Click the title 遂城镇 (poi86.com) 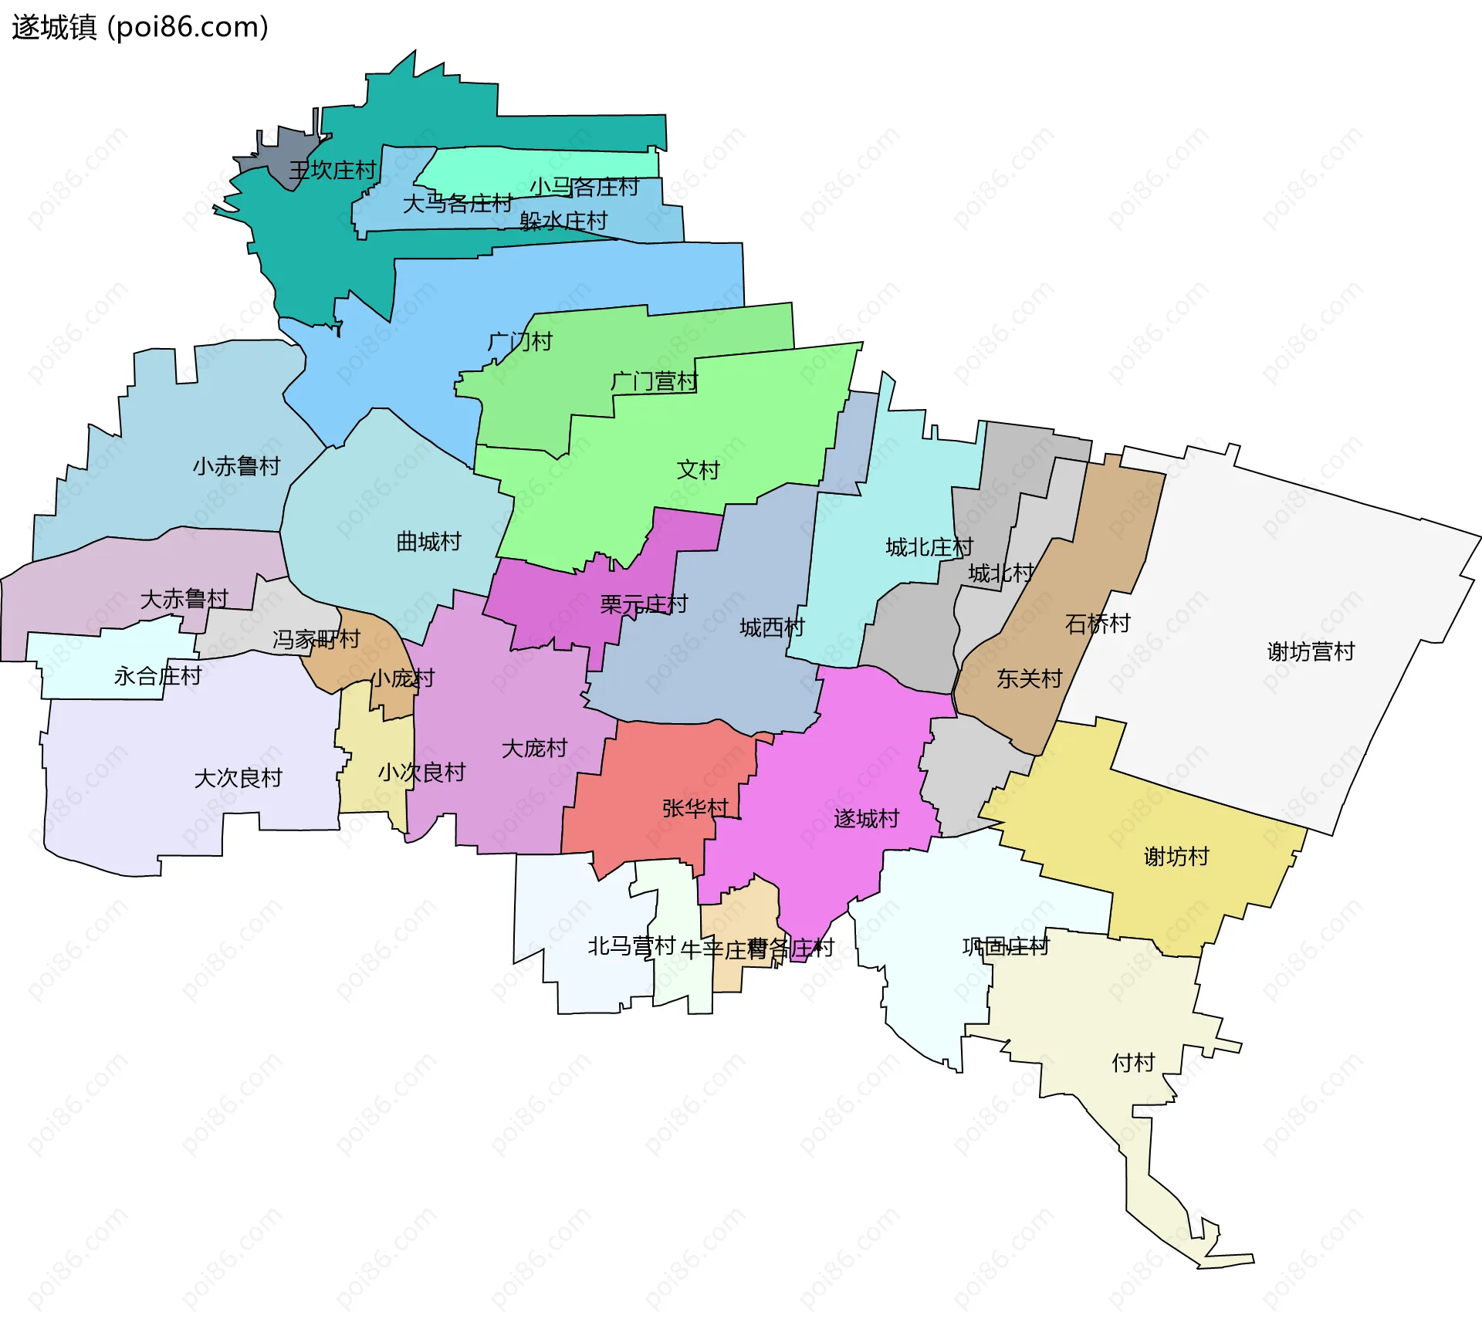pyautogui.click(x=140, y=27)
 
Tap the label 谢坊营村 pyautogui.click(x=1311, y=652)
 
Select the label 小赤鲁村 pyautogui.click(x=236, y=466)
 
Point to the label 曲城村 pyautogui.click(x=428, y=542)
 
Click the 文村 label pyautogui.click(x=698, y=470)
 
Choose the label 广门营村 pyautogui.click(x=654, y=381)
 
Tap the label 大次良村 pyautogui.click(x=238, y=778)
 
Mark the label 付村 pyautogui.click(x=1132, y=1064)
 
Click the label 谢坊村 pyautogui.click(x=1176, y=857)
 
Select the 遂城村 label pyautogui.click(x=866, y=819)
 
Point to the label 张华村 pyautogui.click(x=695, y=808)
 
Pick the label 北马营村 pyautogui.click(x=631, y=946)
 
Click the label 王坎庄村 pyautogui.click(x=332, y=171)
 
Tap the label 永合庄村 pyautogui.click(x=157, y=677)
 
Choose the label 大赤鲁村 pyautogui.click(x=184, y=599)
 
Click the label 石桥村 pyautogui.click(x=1098, y=624)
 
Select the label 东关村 pyautogui.click(x=1029, y=679)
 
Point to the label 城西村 pyautogui.click(x=772, y=628)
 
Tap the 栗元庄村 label pyautogui.click(x=644, y=604)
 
